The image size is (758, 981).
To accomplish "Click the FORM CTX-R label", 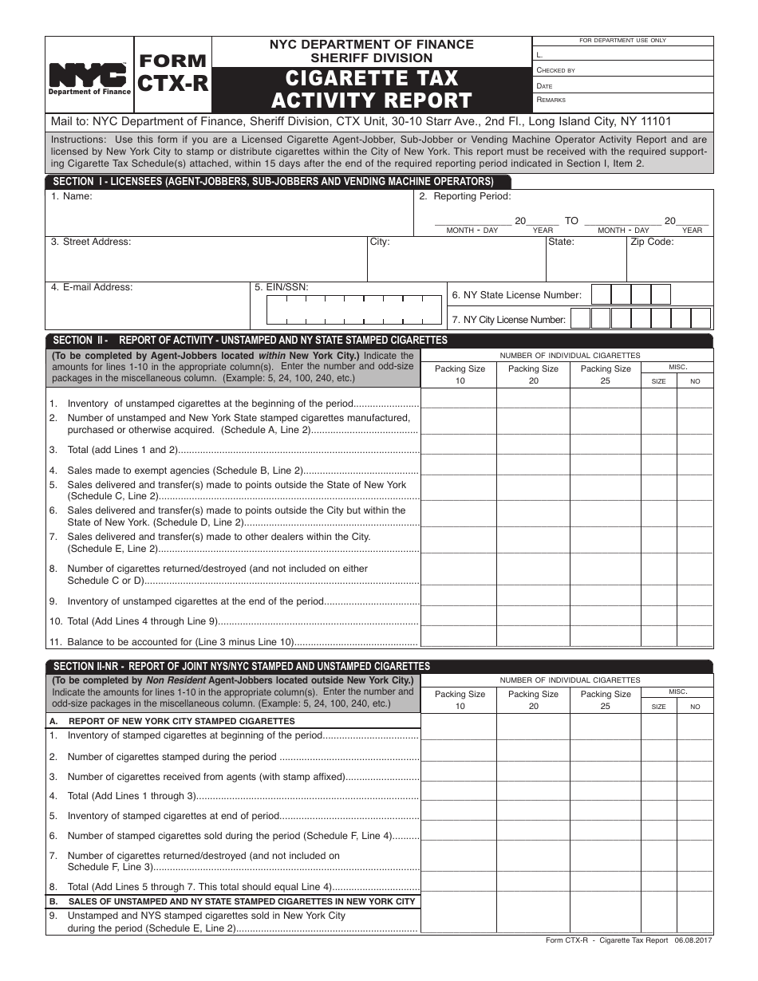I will pyautogui.click(x=173, y=73).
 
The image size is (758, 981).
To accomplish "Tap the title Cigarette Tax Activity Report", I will pyautogui.click(x=372, y=89).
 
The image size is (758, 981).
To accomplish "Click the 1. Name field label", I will pyautogui.click(x=72, y=196).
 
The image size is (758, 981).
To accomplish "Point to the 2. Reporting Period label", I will pyautogui.click(x=465, y=196).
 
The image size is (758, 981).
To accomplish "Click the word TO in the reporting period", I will pyautogui.click(x=571, y=221).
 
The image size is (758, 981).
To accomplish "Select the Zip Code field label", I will pyautogui.click(x=652, y=242).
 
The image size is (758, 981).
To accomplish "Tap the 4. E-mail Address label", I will pyautogui.click(x=92, y=287).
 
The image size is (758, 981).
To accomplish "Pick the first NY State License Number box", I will pyautogui.click(x=601, y=295).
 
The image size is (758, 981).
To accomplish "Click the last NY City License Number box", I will pyautogui.click(x=700, y=319).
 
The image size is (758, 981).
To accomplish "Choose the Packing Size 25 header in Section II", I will pyautogui.click(x=606, y=374).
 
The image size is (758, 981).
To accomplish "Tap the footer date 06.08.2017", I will pyautogui.click(x=693, y=940).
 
